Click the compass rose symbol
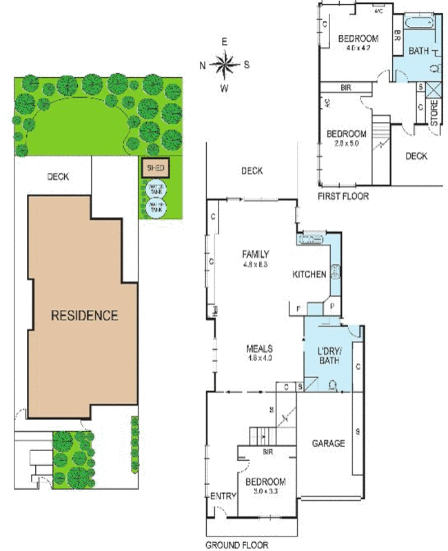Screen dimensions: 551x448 coord(224,65)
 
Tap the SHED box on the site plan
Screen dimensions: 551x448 coord(154,167)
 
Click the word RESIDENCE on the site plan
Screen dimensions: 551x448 coord(85,315)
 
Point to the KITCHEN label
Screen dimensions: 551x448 coord(309,274)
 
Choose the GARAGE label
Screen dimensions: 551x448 coord(328,443)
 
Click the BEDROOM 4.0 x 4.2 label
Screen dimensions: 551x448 coord(358,43)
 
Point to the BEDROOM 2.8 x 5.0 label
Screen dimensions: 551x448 coord(347,138)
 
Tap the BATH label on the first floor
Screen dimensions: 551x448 coord(418,51)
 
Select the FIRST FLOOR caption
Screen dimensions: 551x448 coord(343,196)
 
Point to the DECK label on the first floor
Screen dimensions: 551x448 coord(416,156)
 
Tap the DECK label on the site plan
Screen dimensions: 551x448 coord(59,176)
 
